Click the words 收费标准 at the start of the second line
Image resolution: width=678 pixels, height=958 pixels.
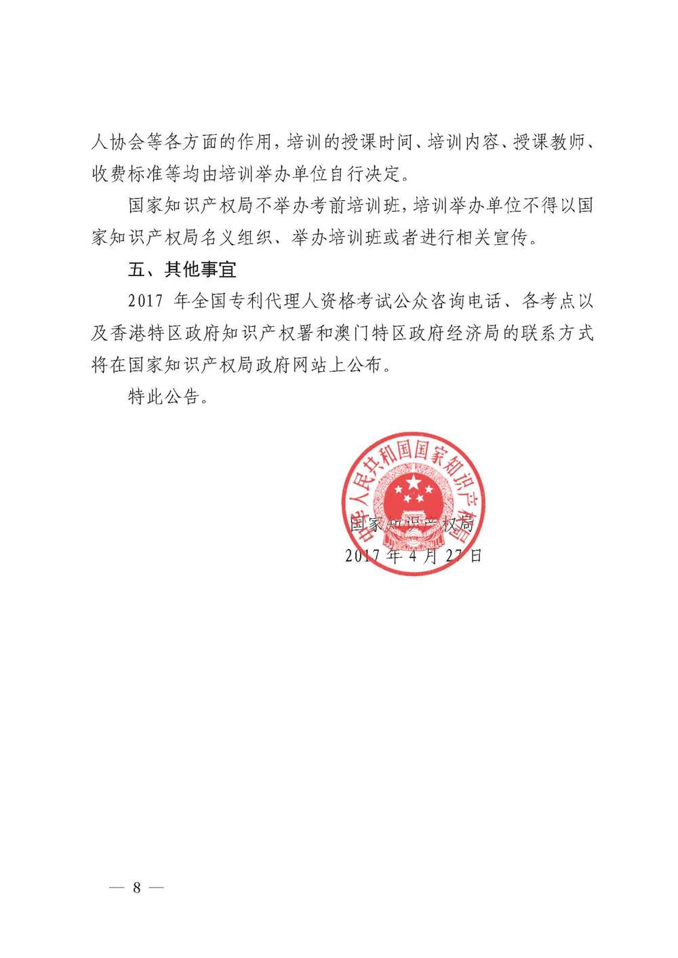127,174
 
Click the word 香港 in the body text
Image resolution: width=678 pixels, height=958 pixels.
145,333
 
